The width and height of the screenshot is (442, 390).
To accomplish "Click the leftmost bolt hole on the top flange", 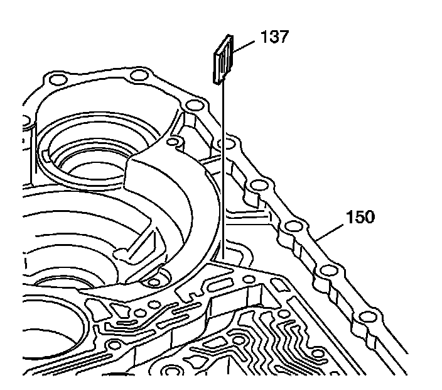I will click(x=56, y=80).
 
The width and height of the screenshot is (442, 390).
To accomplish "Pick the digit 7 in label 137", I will click(x=283, y=38).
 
